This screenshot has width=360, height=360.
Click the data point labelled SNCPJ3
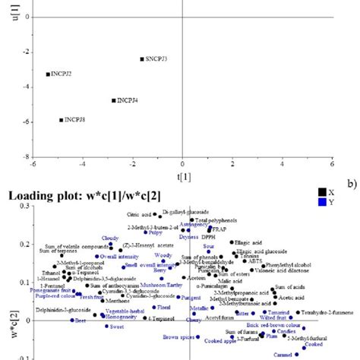[141, 58]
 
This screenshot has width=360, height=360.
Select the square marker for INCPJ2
[48, 74]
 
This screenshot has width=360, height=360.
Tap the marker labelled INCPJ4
[114, 100]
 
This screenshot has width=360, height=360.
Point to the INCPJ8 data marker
[62, 120]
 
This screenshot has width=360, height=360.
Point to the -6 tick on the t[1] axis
[33, 164]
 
